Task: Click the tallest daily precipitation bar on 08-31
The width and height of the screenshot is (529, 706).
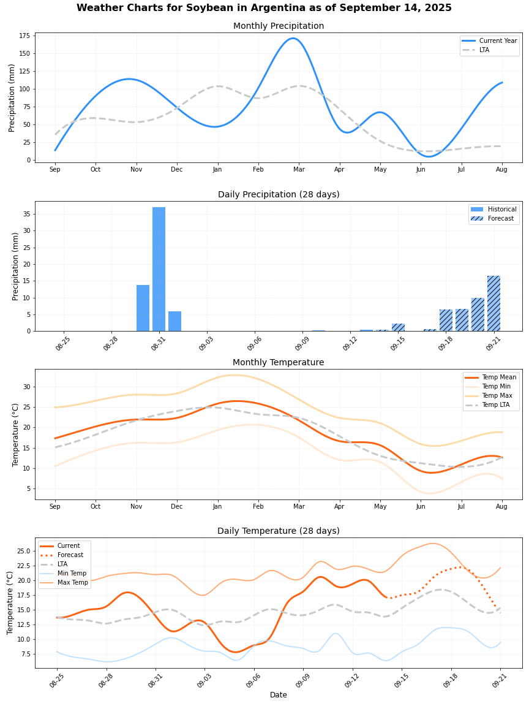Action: tap(159, 269)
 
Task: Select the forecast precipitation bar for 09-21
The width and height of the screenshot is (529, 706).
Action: tap(493, 303)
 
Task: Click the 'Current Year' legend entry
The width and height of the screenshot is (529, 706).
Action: tap(498, 41)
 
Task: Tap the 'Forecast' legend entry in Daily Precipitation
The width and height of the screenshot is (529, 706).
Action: tap(501, 218)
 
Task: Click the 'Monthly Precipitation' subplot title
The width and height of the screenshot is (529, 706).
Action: tap(279, 26)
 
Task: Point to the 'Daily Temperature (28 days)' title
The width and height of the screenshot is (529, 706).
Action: tap(279, 531)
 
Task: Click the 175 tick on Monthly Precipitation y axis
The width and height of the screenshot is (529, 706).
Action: tap(24, 36)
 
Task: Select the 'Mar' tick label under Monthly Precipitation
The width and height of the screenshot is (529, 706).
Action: tap(299, 169)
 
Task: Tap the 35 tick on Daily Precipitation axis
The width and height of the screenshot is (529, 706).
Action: tap(27, 214)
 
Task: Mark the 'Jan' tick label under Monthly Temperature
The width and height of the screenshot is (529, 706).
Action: tap(217, 506)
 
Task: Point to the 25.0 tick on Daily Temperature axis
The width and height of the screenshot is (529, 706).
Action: tap(23, 551)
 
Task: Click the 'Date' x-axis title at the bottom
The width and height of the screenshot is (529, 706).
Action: tap(279, 695)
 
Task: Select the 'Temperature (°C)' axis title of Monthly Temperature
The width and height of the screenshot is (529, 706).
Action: tap(16, 435)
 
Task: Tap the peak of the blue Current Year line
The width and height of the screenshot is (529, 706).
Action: tap(293, 38)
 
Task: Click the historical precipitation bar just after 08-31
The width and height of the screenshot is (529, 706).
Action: tap(174, 321)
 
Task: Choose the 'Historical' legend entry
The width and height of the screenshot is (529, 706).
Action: tap(501, 209)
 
